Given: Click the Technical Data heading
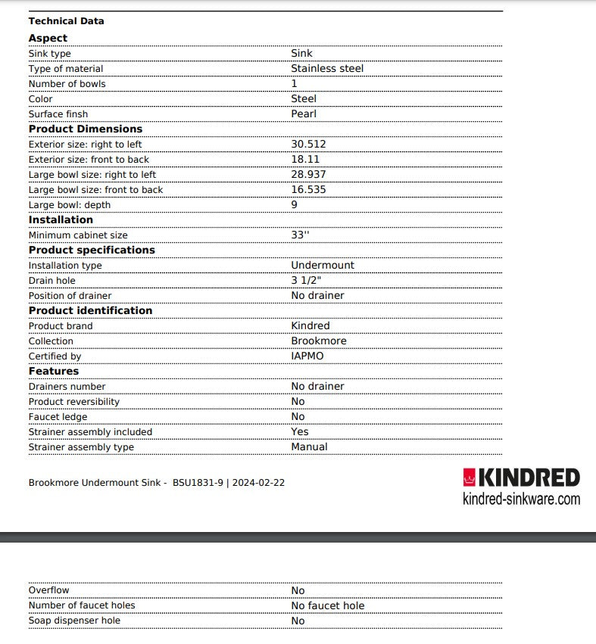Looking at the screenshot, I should point(66,21).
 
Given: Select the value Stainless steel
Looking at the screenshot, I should point(327,69).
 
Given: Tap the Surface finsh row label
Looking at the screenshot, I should point(58,114).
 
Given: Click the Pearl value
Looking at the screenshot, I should point(304,114).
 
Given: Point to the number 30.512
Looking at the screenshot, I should point(308,145).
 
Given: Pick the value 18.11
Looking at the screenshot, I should point(305,160).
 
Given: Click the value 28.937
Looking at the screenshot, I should point(308,175).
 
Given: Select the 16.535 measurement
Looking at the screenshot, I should point(308,190).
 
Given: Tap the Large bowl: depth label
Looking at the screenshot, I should point(70,205).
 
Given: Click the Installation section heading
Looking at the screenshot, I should point(61,220).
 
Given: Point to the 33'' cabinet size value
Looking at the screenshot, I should point(300,235).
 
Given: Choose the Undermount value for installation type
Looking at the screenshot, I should point(323,266).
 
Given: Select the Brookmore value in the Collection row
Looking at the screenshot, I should point(319,341).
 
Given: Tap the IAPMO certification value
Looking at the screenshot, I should point(307,356).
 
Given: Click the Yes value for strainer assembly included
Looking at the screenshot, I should point(300,432).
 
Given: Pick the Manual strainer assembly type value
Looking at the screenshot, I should point(309,447).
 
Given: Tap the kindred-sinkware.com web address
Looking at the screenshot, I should point(521,499).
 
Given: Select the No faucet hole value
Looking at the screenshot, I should point(328,606).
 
